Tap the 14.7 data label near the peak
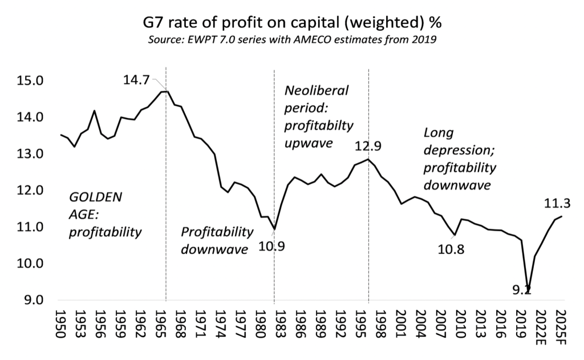pyautogui.click(x=136, y=80)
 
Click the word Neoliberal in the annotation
pyautogui.click(x=316, y=91)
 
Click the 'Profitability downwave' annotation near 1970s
pyautogui.click(x=217, y=240)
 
